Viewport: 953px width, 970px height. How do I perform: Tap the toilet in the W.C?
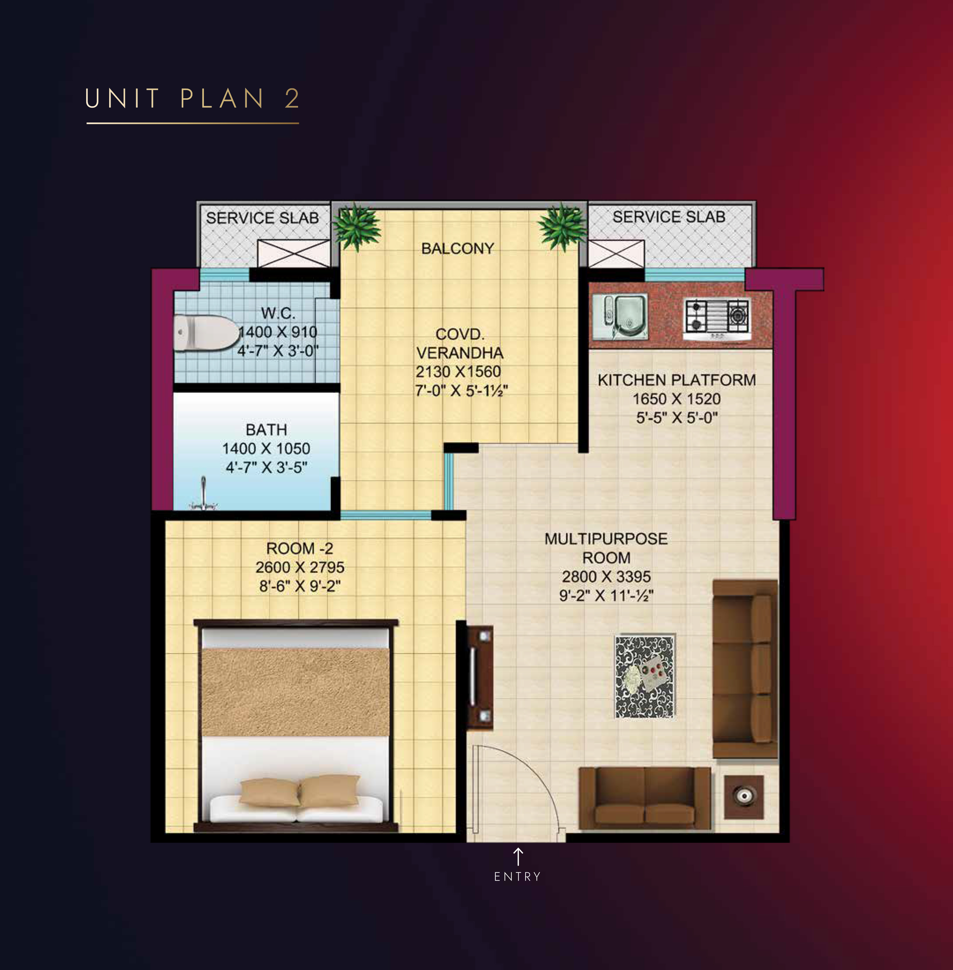(206, 332)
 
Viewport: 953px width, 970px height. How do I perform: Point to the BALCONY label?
(458, 249)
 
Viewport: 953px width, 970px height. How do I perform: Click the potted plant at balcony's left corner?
(356, 226)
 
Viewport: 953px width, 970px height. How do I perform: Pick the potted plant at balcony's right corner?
(563, 226)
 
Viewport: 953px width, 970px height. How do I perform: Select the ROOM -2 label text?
(299, 549)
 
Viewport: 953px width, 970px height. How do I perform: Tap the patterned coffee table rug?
(644, 677)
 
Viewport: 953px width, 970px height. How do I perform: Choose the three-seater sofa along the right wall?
(745, 669)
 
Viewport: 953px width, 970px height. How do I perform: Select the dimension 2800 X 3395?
(606, 577)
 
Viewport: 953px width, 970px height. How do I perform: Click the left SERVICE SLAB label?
(262, 218)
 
